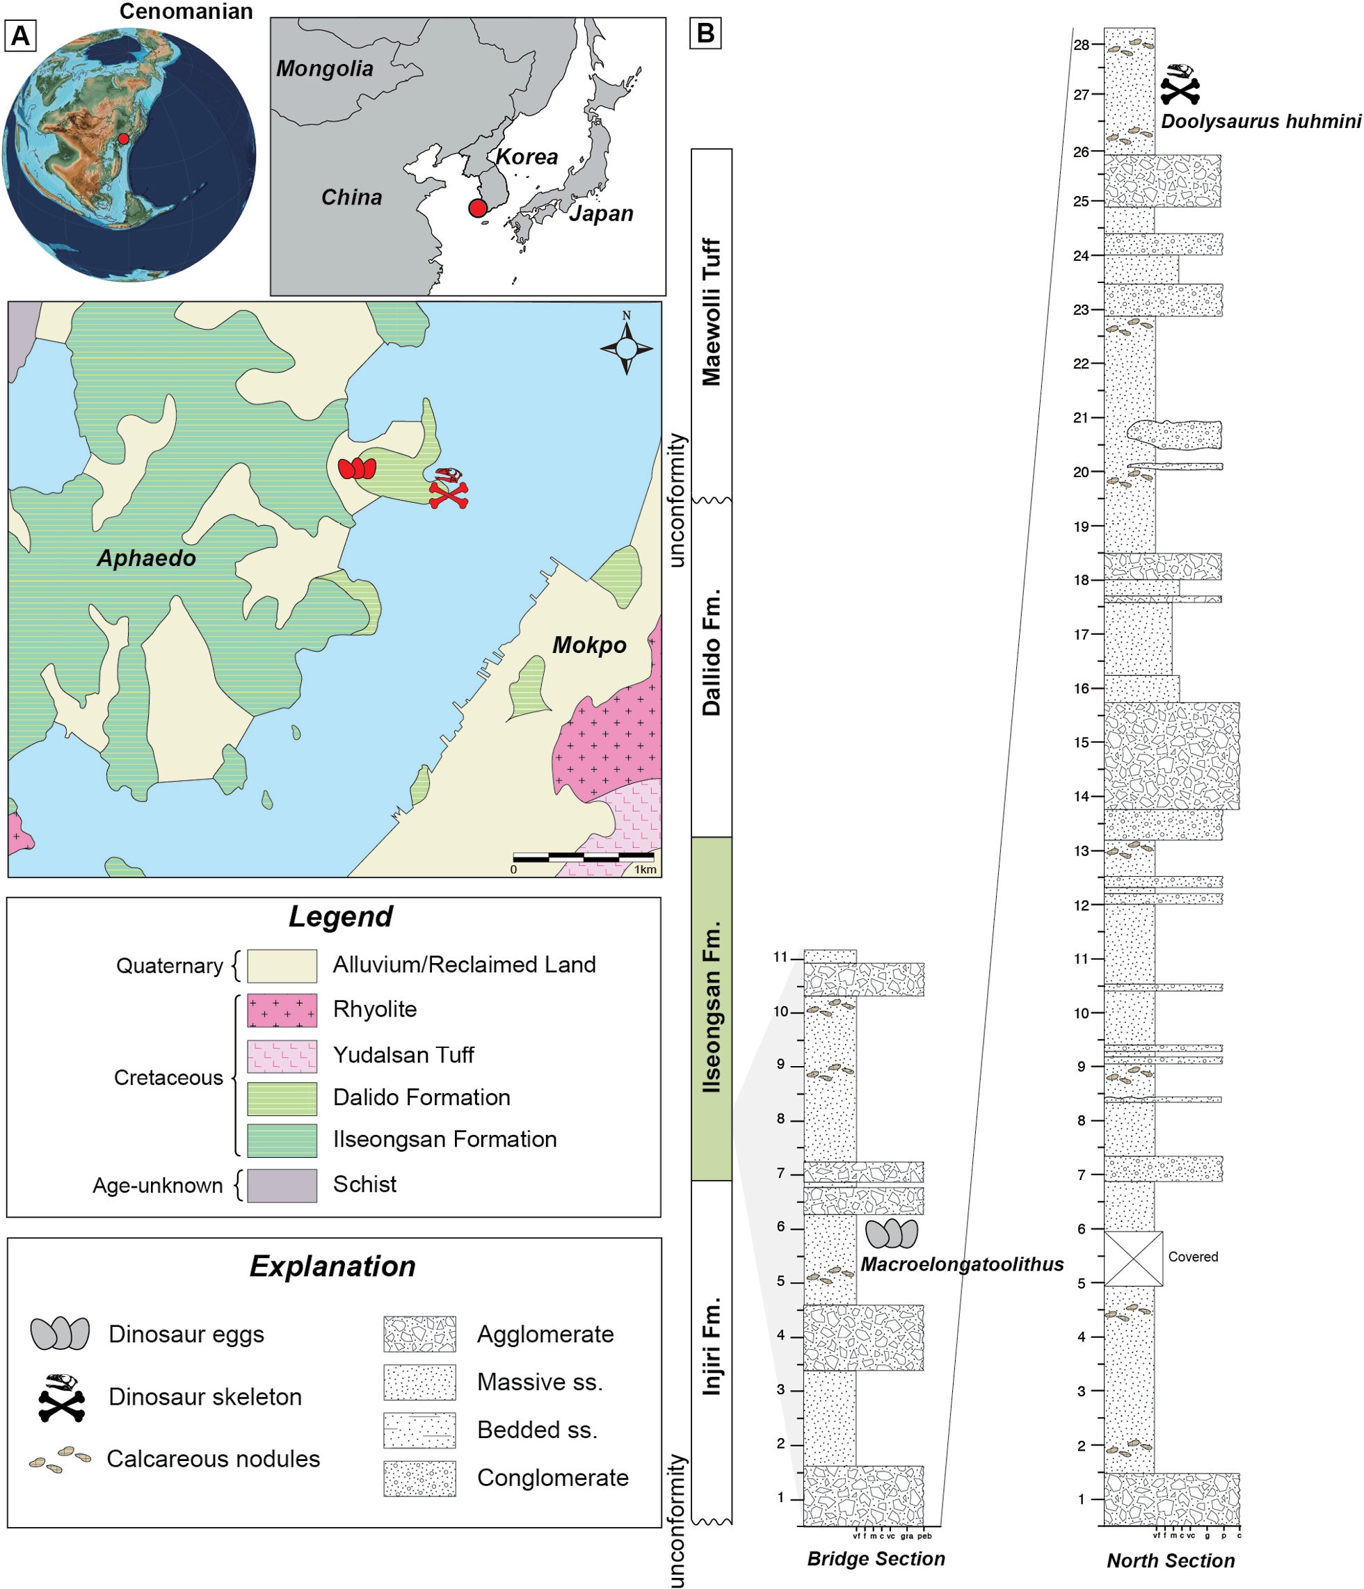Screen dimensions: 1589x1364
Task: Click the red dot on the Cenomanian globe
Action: point(122,139)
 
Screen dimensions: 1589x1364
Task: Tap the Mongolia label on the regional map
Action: point(325,69)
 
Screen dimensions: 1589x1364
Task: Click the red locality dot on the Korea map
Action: point(477,208)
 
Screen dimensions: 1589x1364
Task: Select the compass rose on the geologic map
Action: point(626,349)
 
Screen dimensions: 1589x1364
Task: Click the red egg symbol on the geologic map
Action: point(358,468)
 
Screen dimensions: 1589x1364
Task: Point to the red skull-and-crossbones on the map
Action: point(448,487)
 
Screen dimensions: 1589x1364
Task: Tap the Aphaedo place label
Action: point(147,558)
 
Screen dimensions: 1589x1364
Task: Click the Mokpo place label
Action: point(589,645)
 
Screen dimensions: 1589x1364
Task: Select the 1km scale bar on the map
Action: point(583,857)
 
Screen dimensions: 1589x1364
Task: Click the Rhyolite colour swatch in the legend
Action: point(282,1010)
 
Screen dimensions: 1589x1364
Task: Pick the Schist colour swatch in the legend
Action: point(282,1185)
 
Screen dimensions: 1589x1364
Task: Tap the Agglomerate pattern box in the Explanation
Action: point(419,1334)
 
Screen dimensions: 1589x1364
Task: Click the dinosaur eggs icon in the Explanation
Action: point(60,1334)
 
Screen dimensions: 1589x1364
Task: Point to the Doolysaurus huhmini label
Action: point(1260,121)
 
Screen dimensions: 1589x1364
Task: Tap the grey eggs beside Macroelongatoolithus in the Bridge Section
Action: point(892,1233)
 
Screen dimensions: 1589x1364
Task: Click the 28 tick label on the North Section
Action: point(1081,45)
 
